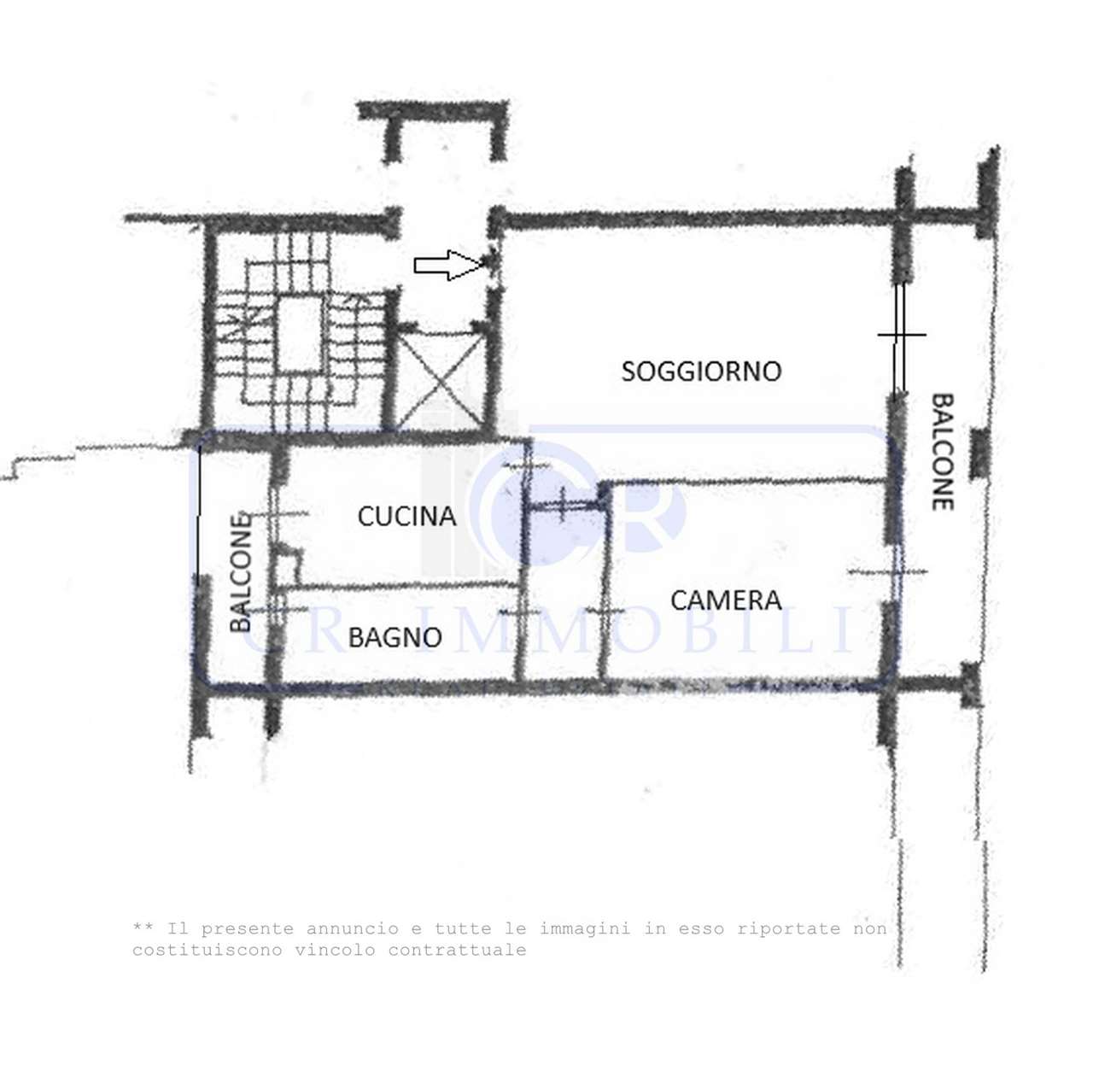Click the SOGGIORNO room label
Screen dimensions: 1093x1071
[x=701, y=372]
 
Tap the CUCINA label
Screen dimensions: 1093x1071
[x=406, y=517]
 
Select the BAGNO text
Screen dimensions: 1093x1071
[x=395, y=637]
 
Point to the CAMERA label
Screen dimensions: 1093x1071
[x=726, y=600]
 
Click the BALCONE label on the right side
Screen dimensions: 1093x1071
[x=942, y=452]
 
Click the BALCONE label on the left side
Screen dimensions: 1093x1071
[x=241, y=572]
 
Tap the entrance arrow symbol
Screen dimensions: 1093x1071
[x=450, y=265]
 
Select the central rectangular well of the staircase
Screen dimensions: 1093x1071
[x=300, y=336]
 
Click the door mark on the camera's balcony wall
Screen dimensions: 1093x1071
[x=888, y=571]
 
